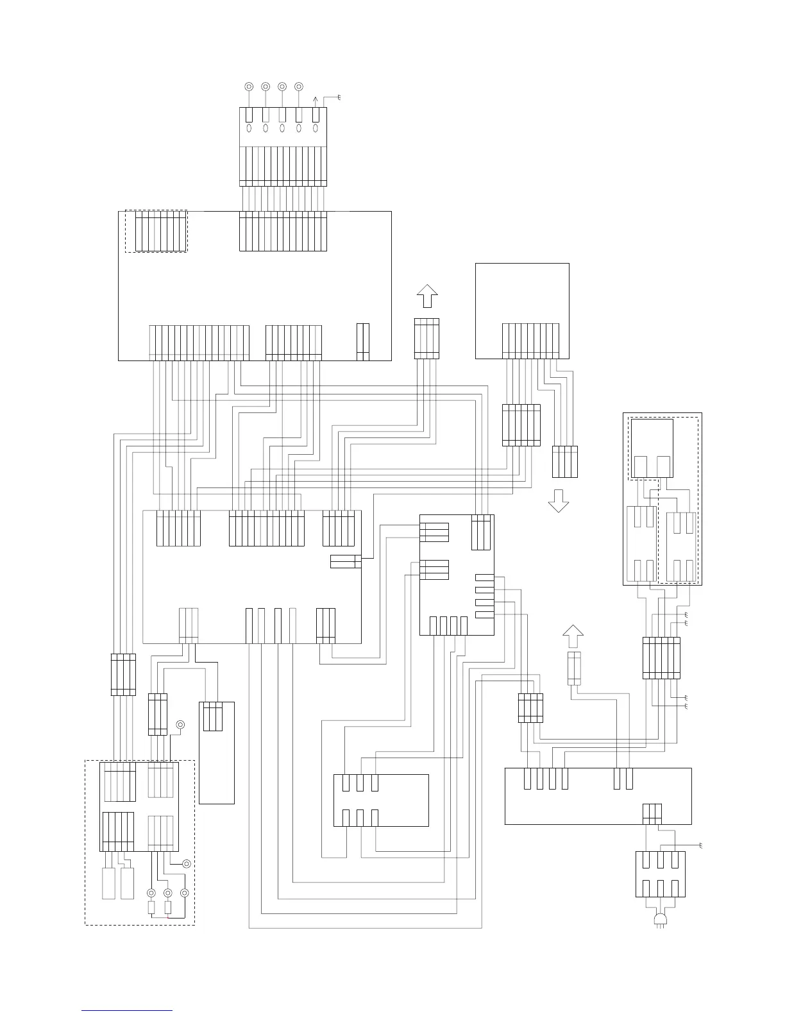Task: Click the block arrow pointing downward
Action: click(559, 501)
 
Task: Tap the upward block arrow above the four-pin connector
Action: click(426, 297)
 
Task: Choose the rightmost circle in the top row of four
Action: click(298, 86)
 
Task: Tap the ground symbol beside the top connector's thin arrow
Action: click(337, 97)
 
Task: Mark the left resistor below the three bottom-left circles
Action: click(151, 908)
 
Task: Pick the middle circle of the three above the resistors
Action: click(168, 893)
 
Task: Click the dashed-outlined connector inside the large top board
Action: click(156, 231)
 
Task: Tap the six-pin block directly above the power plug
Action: click(660, 874)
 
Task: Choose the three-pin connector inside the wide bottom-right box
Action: click(652, 813)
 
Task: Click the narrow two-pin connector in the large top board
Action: click(363, 342)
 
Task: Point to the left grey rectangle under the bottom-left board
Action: click(109, 883)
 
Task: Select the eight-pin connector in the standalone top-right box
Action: click(530, 341)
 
